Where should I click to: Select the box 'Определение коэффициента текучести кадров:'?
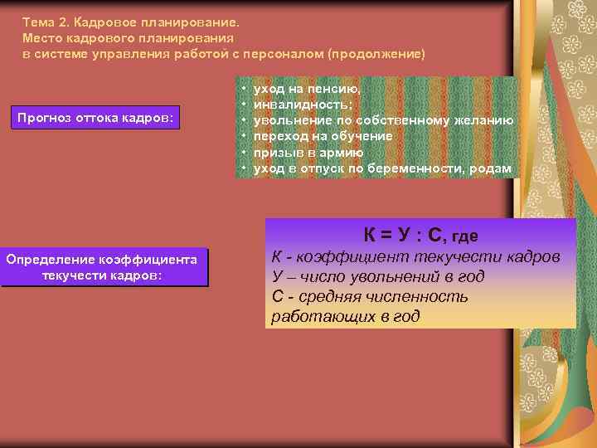pyautogui.click(x=102, y=268)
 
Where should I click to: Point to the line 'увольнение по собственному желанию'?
pyautogui.click(x=382, y=121)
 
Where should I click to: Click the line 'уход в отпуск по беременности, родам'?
pyautogui.click(x=382, y=169)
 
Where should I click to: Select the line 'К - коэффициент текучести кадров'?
pyautogui.click(x=415, y=257)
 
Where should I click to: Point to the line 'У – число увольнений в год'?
pyautogui.click(x=377, y=277)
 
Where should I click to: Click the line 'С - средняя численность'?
pyautogui.click(x=370, y=296)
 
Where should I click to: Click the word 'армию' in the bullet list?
pyautogui.click(x=343, y=153)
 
